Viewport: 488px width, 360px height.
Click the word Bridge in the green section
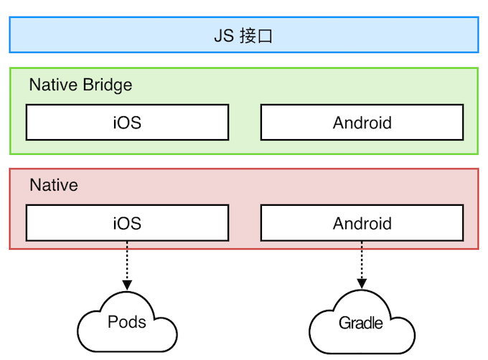[107, 85]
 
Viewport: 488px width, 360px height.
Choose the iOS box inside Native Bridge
[127, 123]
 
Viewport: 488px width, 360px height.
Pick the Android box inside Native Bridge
[362, 123]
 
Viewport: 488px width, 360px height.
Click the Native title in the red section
[53, 186]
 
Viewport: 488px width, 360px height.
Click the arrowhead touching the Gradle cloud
[362, 284]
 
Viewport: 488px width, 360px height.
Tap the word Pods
[127, 321]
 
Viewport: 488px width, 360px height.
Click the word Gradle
[361, 323]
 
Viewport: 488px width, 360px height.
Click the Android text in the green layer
[362, 123]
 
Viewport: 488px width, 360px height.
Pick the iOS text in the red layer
[127, 224]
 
